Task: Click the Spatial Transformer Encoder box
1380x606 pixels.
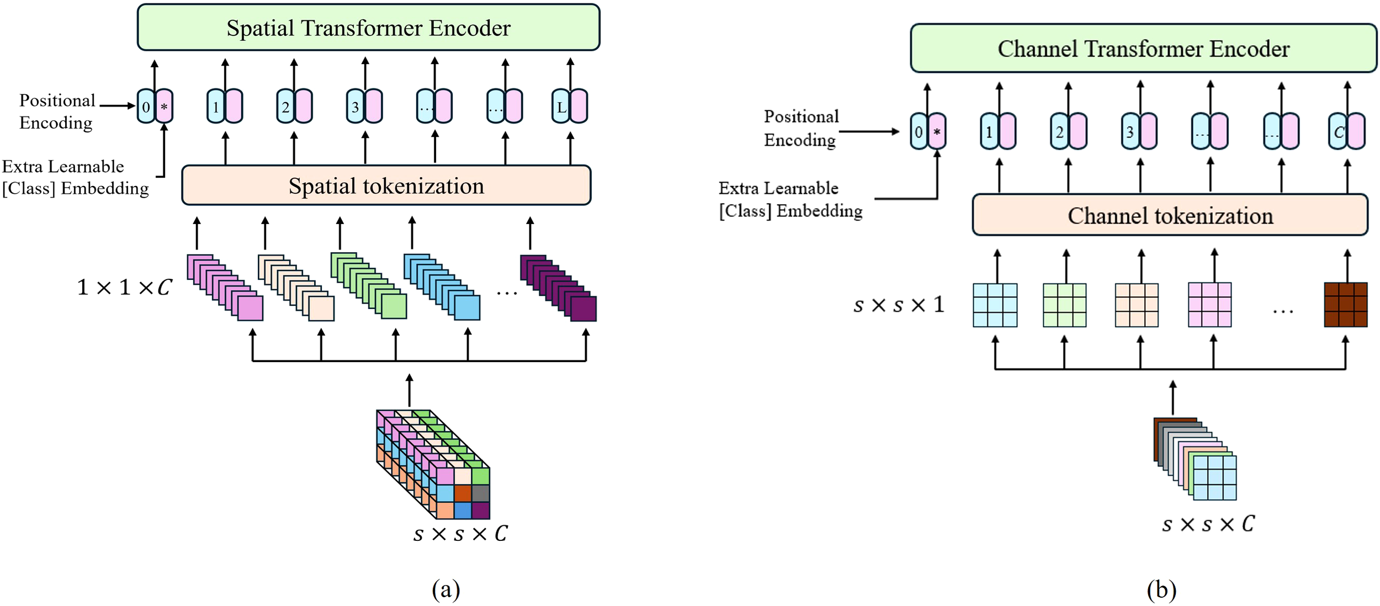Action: click(x=368, y=28)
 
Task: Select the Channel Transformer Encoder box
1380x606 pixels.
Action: click(x=1143, y=49)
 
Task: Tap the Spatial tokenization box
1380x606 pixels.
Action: click(x=386, y=185)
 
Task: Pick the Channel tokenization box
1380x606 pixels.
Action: click(x=1170, y=215)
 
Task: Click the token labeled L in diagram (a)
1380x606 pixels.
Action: click(x=561, y=107)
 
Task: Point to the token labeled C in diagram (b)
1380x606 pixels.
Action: click(x=1338, y=132)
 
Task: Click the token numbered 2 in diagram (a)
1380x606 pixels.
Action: click(x=285, y=107)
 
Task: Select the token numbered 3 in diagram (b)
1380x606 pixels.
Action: click(x=1130, y=132)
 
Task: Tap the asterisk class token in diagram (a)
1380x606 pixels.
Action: click(x=164, y=107)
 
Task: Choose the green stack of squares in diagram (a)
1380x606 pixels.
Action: click(x=369, y=285)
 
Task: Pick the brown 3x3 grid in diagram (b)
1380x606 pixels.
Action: click(x=1346, y=305)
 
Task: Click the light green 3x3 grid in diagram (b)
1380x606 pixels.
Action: click(x=1064, y=305)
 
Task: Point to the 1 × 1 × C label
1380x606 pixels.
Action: click(x=125, y=288)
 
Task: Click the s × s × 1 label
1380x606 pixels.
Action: click(x=899, y=305)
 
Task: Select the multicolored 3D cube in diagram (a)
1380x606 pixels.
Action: click(x=433, y=464)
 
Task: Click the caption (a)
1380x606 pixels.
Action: click(x=446, y=589)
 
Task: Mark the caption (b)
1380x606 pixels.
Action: click(x=1161, y=589)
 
